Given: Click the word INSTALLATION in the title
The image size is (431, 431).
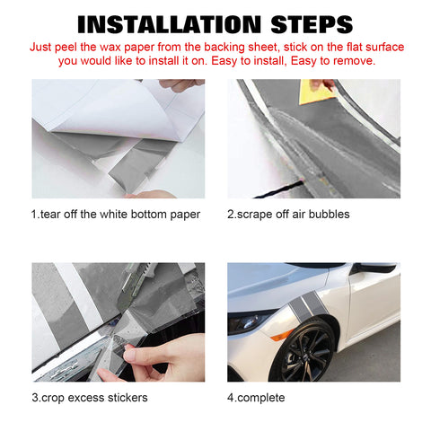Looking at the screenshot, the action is pyautogui.click(x=170, y=24).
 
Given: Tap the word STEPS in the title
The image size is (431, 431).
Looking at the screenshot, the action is pyautogui.click(x=312, y=24).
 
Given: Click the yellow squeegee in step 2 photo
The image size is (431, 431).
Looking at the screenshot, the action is pyautogui.click(x=316, y=92).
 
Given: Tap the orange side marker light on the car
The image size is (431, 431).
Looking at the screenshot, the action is pyautogui.click(x=282, y=335).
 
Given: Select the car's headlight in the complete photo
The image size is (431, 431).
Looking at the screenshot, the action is pyautogui.click(x=250, y=322).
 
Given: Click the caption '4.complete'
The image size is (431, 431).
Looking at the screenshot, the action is pyautogui.click(x=256, y=398).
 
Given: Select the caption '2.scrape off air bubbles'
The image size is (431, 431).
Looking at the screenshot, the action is pyautogui.click(x=288, y=215).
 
